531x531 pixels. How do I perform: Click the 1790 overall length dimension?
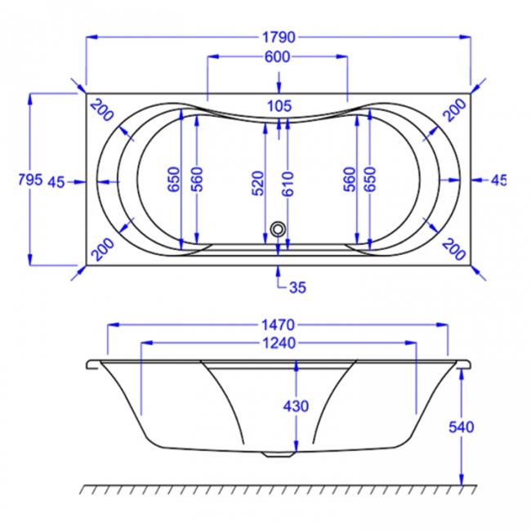(279, 37)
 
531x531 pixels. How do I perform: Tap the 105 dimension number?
(279, 105)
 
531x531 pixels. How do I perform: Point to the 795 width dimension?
(29, 181)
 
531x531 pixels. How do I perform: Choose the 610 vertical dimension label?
(288, 185)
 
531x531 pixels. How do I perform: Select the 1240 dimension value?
(279, 343)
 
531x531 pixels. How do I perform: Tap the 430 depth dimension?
(297, 406)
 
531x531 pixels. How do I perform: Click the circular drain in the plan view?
(279, 230)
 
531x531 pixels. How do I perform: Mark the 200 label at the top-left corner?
(101, 109)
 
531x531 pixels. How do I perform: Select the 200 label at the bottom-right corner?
(454, 248)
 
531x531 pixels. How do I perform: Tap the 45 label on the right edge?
(498, 181)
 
